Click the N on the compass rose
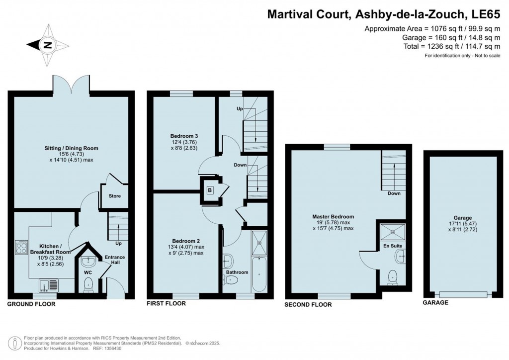pyautogui.click(x=48, y=45)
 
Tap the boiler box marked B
pyautogui.click(x=210, y=190)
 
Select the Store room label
pyautogui.click(x=115, y=196)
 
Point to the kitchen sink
pyautogui.click(x=49, y=285)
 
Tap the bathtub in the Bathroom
pyautogui.click(x=259, y=273)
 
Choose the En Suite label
pyautogui.click(x=393, y=246)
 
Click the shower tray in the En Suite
pyautogui.click(x=393, y=232)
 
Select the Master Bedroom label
pyautogui.click(x=333, y=216)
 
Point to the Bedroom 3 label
pyautogui.click(x=184, y=136)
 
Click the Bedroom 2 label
pyautogui.click(x=186, y=241)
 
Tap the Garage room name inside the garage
pyautogui.click(x=463, y=218)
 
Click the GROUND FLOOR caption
pyautogui.click(x=31, y=304)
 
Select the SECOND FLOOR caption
pyautogui.click(x=308, y=304)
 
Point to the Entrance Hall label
pyautogui.click(x=115, y=260)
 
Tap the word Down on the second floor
pyautogui.click(x=394, y=193)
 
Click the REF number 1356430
pyautogui.click(x=112, y=348)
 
